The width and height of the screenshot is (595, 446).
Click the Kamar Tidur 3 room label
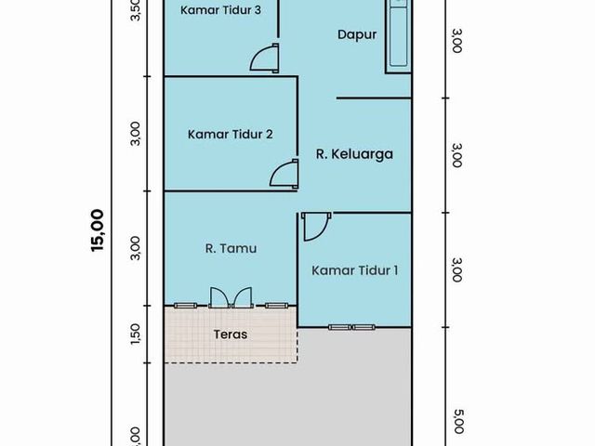(220, 10)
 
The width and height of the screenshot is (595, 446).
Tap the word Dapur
(357, 34)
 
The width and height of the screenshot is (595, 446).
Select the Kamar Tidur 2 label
(230, 134)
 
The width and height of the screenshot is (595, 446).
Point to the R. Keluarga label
(354, 154)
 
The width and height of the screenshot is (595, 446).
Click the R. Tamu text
(231, 248)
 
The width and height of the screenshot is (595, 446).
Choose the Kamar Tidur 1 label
(355, 270)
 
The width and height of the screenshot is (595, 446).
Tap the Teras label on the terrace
(231, 334)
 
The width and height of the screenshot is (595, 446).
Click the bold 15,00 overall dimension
(97, 230)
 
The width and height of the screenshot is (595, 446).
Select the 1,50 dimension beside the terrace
(136, 334)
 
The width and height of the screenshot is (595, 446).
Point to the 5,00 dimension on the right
(457, 421)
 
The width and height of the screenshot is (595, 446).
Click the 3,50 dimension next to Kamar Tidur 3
(136, 9)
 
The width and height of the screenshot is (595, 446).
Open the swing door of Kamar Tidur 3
(265, 58)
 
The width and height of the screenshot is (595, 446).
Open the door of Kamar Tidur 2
(284, 174)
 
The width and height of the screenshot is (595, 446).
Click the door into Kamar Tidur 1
(316, 227)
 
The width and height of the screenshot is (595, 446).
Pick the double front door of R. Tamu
(231, 297)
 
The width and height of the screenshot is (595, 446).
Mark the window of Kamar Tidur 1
(351, 327)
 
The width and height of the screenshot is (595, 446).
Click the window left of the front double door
(186, 306)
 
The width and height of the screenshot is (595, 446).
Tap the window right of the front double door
(276, 306)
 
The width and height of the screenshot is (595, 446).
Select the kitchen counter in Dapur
(399, 36)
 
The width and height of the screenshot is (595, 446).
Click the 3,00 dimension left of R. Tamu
(136, 248)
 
